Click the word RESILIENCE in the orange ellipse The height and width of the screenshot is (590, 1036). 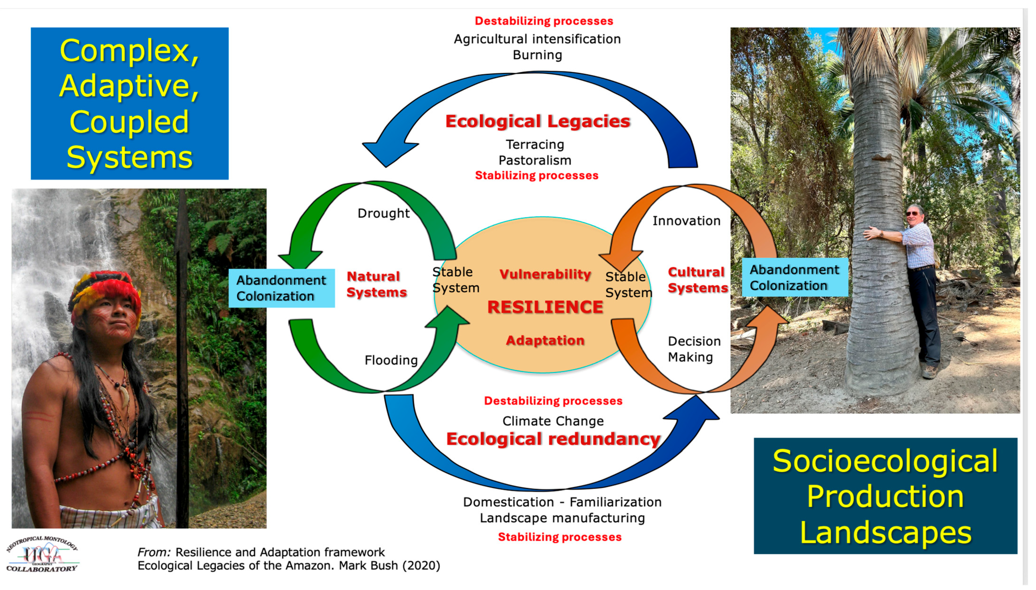(x=545, y=307)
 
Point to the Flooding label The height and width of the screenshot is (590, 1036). (x=391, y=360)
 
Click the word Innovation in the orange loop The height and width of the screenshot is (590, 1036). (x=686, y=221)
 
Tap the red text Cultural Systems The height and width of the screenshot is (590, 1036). (x=697, y=280)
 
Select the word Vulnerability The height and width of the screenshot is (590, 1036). (x=545, y=274)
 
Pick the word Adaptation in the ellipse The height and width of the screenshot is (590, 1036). (x=545, y=340)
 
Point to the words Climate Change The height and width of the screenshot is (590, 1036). (x=553, y=421)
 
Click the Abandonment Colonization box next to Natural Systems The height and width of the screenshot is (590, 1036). (x=281, y=288)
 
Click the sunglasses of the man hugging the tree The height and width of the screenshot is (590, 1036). (x=912, y=214)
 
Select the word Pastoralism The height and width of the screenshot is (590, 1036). (x=535, y=160)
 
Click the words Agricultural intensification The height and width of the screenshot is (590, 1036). (x=537, y=39)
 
